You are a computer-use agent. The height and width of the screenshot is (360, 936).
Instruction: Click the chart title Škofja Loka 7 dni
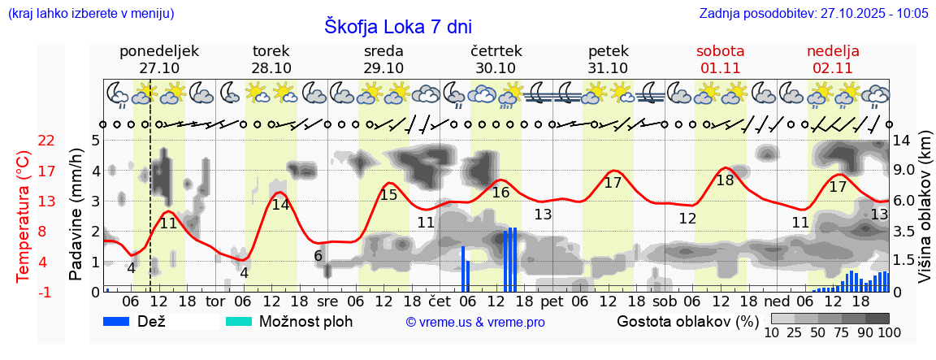tap(398, 26)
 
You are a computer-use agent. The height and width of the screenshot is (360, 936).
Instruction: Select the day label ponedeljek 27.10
tap(159, 59)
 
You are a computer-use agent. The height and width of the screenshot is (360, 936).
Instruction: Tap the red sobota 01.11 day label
tap(721, 59)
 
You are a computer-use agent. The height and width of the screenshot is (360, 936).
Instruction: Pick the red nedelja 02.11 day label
tap(833, 59)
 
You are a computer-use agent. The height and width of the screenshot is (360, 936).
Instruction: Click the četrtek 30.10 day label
tap(496, 59)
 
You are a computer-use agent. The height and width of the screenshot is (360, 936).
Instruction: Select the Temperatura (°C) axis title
tap(24, 216)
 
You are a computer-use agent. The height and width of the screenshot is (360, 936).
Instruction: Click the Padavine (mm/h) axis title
tap(76, 215)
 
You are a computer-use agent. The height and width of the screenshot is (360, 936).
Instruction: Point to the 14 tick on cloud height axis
tap(901, 141)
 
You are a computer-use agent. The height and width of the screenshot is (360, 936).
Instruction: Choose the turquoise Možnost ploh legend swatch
tap(239, 321)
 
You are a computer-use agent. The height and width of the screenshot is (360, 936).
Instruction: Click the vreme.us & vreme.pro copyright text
tap(475, 322)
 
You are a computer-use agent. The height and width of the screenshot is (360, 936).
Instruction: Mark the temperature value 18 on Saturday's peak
tap(725, 180)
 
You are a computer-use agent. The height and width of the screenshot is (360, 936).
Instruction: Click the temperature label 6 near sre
tap(318, 256)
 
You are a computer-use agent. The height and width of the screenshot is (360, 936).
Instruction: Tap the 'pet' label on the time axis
tap(552, 301)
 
